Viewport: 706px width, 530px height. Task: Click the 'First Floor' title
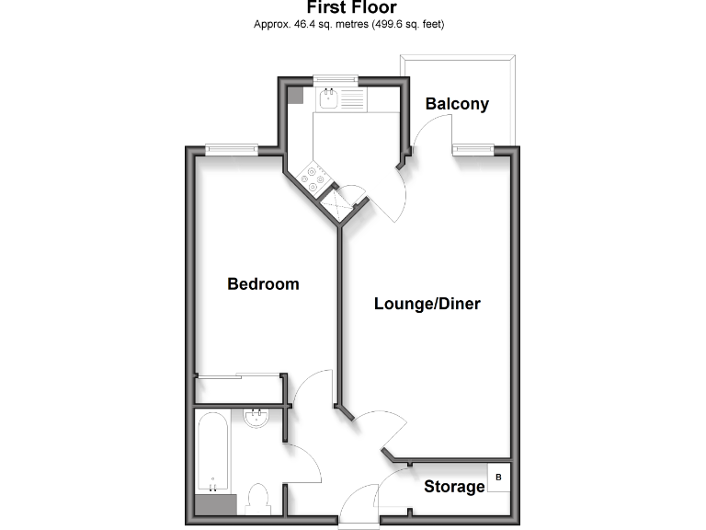point(352,8)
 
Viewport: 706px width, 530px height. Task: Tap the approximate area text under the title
point(352,25)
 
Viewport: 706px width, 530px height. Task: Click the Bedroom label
point(263,284)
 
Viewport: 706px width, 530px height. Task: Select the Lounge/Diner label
point(427,304)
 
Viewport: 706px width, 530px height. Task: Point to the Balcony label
point(456,104)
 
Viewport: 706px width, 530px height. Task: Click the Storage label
point(454,487)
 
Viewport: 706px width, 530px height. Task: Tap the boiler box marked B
point(498,478)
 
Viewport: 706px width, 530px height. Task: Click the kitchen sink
point(328,98)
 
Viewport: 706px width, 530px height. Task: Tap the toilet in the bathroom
point(260,499)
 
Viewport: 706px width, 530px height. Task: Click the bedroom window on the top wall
point(230,149)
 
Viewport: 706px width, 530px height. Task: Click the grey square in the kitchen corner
point(295,94)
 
